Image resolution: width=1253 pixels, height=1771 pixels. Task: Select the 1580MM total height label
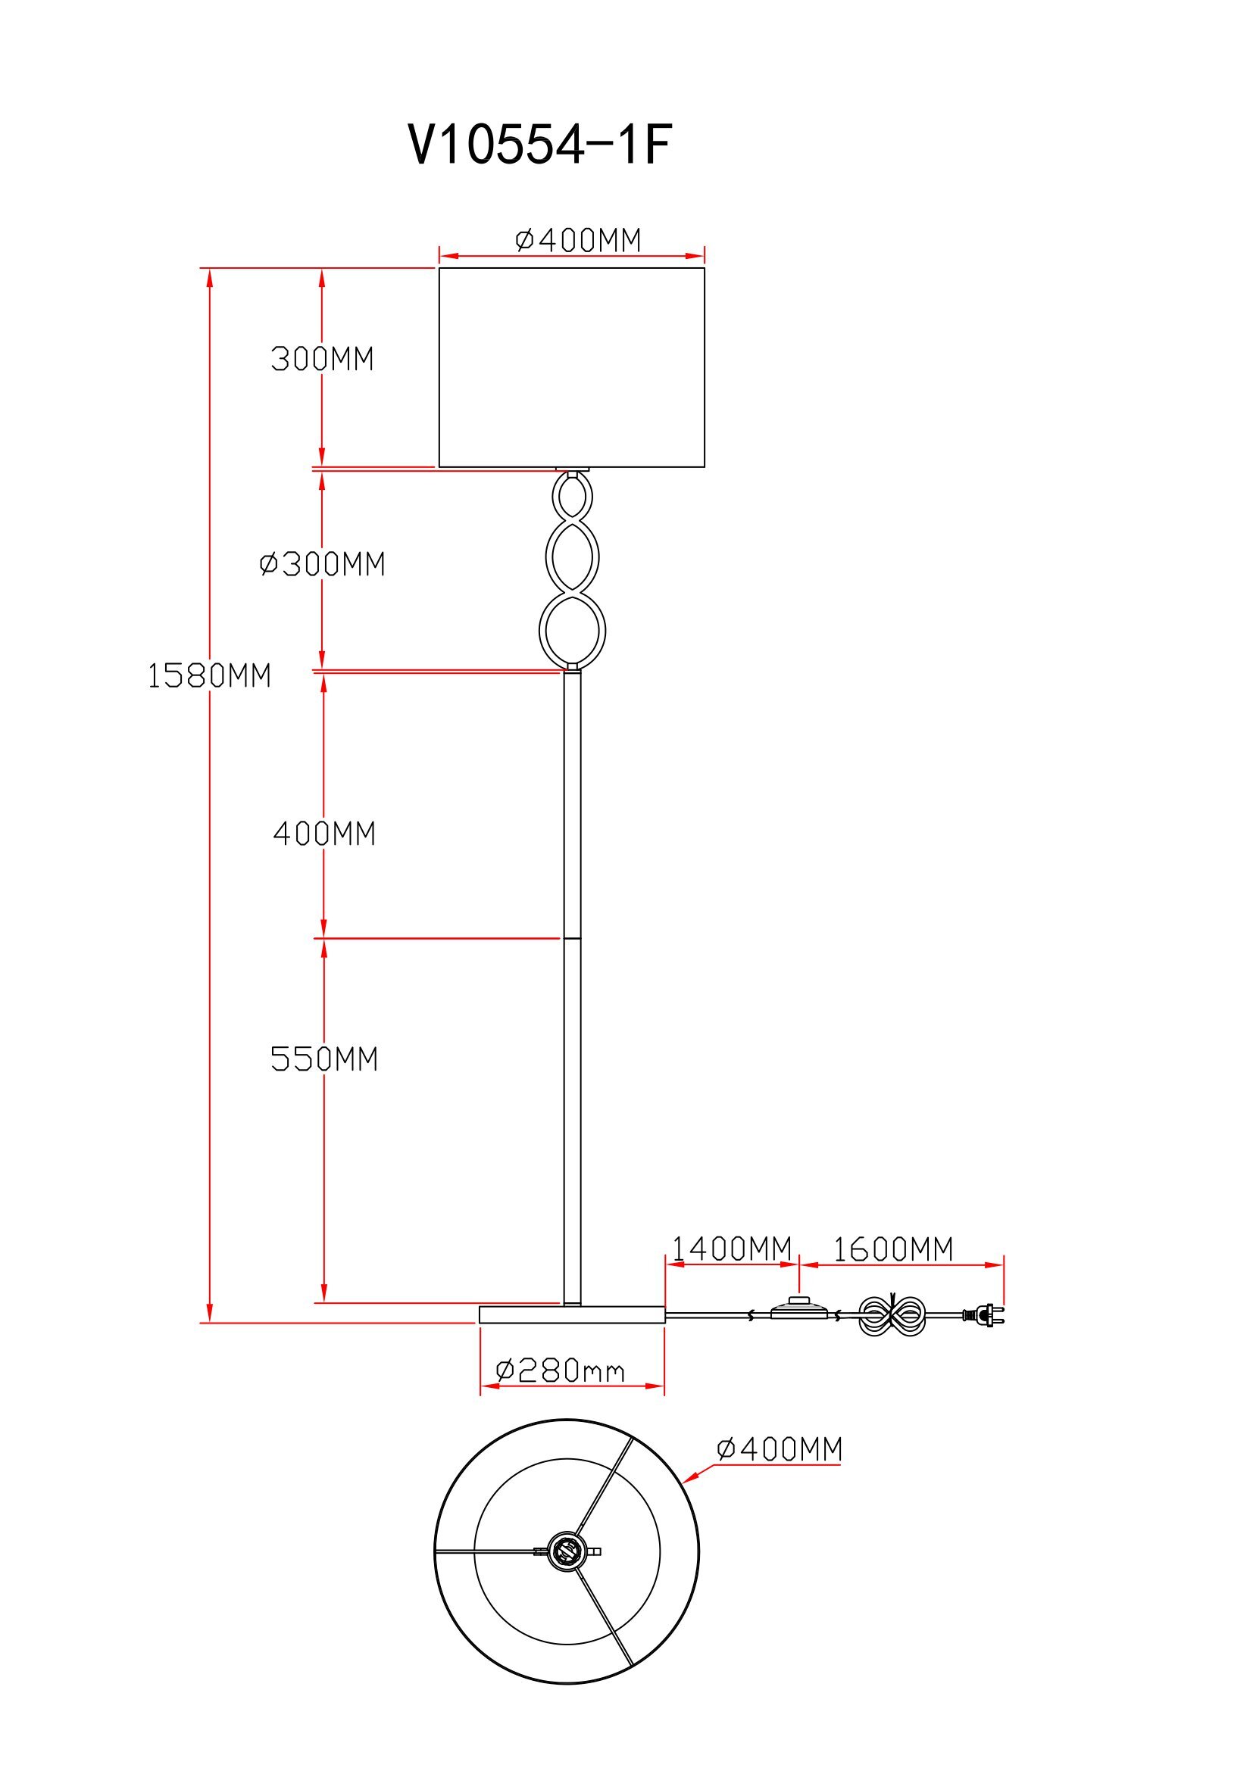209,675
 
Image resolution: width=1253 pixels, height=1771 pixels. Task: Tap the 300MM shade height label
322,360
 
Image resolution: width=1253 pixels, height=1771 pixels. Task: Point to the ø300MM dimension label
322,565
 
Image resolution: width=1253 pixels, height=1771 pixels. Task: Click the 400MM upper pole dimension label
324,834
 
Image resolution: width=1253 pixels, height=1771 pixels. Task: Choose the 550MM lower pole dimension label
324,1059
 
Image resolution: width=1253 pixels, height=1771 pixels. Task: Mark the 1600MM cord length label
892,1249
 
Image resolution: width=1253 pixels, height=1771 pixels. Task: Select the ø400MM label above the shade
578,241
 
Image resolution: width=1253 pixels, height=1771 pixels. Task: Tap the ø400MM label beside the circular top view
780,1449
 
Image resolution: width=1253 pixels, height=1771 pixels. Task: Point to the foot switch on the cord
798,1311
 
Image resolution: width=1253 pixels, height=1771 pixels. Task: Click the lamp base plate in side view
572,1314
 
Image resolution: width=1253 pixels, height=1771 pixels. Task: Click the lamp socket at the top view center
567,1551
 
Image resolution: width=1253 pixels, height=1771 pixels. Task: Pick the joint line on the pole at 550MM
573,939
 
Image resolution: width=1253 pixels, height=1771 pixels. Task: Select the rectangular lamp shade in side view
572,367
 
